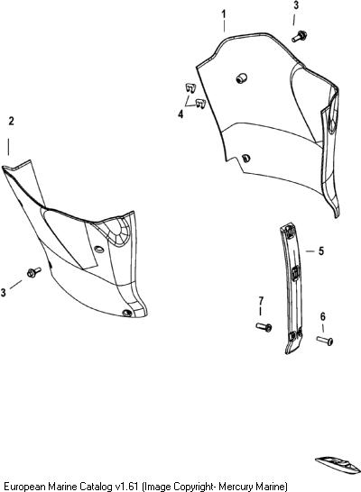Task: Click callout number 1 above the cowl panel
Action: (224, 14)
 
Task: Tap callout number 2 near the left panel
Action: (12, 121)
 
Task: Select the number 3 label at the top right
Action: (296, 5)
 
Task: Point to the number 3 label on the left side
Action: (3, 293)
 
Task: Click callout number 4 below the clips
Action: (180, 114)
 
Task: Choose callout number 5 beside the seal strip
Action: (320, 251)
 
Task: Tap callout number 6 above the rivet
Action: (323, 316)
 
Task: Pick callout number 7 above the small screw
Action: (261, 301)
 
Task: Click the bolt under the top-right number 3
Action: (299, 36)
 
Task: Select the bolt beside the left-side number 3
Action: (34, 272)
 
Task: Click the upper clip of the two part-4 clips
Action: (190, 87)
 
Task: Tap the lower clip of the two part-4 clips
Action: (200, 104)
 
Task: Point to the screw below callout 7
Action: (264, 327)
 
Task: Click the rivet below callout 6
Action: (325, 341)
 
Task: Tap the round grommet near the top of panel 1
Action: (241, 78)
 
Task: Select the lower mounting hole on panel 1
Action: (246, 159)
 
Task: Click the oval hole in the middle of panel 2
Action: (99, 249)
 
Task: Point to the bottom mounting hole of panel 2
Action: (127, 313)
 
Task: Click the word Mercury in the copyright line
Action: (234, 487)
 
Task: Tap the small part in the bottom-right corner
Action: (338, 465)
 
